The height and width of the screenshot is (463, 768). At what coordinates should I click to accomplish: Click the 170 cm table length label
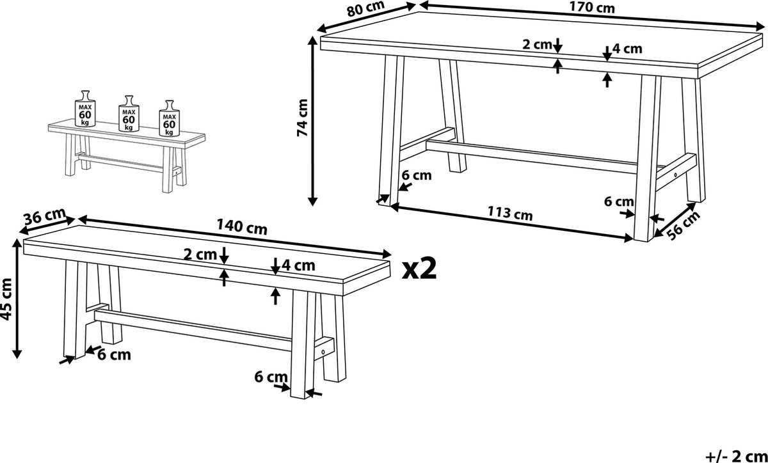click(592, 8)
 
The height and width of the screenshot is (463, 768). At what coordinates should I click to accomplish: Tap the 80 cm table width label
click(365, 8)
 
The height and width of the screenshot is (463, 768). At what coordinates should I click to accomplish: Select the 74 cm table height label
click(302, 118)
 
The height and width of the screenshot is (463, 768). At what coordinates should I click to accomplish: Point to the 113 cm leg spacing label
click(510, 213)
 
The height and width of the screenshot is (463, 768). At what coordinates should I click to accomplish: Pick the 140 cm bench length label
click(242, 227)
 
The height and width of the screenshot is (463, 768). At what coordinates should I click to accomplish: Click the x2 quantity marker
click(419, 270)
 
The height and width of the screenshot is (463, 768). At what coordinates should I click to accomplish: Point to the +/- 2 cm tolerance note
click(736, 456)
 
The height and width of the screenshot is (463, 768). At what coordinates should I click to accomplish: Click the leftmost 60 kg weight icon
click(85, 108)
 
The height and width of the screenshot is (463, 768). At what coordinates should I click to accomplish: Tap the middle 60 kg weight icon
click(129, 113)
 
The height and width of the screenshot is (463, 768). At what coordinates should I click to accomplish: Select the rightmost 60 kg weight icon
click(170, 118)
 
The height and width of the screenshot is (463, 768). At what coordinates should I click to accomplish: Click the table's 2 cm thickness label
click(537, 45)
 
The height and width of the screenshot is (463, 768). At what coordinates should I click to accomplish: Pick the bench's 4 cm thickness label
click(298, 265)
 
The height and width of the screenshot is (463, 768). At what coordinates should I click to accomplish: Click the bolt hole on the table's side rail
click(675, 175)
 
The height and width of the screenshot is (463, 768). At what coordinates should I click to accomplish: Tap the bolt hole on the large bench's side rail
click(323, 352)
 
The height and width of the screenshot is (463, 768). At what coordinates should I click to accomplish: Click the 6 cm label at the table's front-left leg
click(416, 175)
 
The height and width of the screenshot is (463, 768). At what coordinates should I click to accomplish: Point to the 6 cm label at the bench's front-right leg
click(271, 377)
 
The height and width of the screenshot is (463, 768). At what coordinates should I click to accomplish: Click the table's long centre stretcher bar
click(531, 156)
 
